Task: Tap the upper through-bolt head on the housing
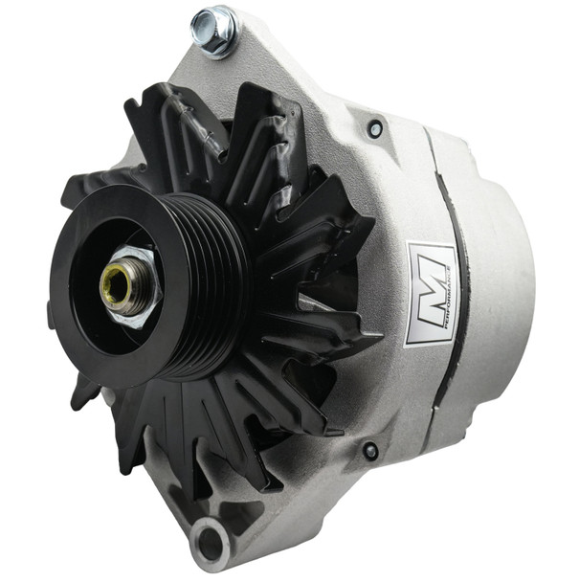pyautogui.click(x=375, y=127)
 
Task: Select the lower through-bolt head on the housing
pyautogui.click(x=369, y=451)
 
